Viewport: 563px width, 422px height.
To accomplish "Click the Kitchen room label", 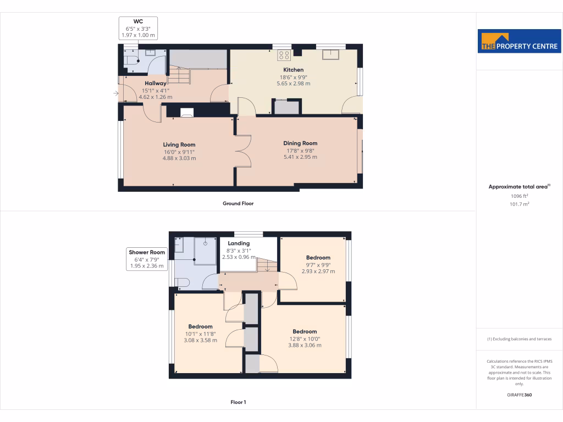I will [x=293, y=70].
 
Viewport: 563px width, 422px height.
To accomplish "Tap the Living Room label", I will [x=179, y=145].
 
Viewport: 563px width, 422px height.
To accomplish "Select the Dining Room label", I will [x=300, y=143].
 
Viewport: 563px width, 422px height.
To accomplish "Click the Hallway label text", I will [x=156, y=84].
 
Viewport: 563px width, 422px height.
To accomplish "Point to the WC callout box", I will [x=139, y=28].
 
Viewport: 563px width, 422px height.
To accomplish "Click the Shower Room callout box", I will [x=147, y=259].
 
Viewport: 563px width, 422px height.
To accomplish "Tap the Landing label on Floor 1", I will [x=239, y=243].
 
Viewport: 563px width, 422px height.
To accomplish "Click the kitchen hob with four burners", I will [x=284, y=54].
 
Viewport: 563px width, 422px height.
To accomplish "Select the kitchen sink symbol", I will [x=330, y=54].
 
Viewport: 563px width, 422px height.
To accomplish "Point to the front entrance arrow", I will [x=116, y=94].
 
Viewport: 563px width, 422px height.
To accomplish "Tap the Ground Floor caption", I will [x=238, y=203].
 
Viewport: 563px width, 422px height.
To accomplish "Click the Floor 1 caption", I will [x=238, y=402].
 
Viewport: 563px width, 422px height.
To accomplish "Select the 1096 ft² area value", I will [x=520, y=196].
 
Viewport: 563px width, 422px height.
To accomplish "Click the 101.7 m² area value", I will [x=520, y=204].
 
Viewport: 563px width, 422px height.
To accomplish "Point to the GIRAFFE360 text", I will [x=520, y=395].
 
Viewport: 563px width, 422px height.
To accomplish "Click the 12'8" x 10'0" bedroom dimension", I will [x=305, y=338].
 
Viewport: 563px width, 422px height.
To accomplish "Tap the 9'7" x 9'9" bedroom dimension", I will [x=318, y=264].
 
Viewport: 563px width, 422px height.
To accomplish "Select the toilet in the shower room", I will [x=182, y=282].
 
